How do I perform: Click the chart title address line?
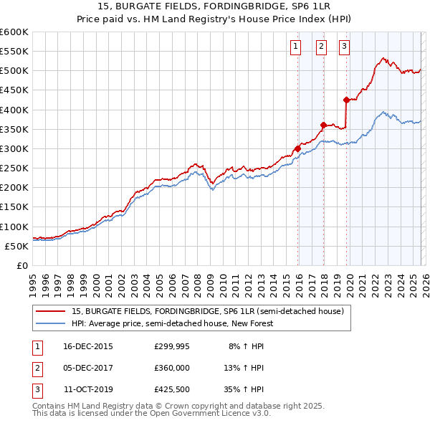pos(214,8)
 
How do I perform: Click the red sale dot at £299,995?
pos(297,149)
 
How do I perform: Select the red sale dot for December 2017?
pos(323,125)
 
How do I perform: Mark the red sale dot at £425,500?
pos(347,100)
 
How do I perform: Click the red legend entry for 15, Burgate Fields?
pos(208,311)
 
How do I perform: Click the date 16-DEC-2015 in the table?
pos(88,346)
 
